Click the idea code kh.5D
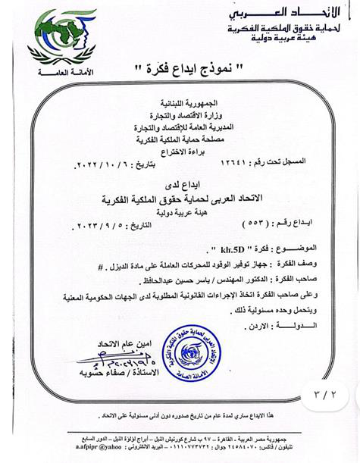(x=199, y=248)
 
